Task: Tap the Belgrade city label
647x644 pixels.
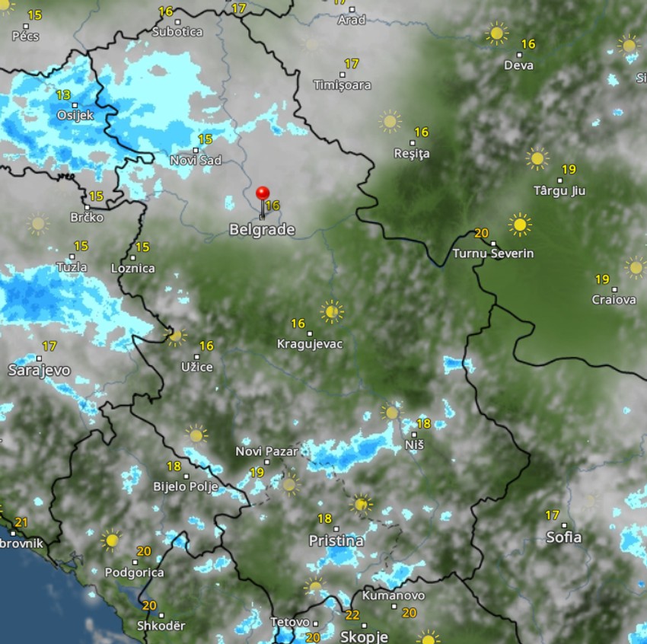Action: tap(261, 230)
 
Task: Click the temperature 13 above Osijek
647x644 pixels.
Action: tap(63, 95)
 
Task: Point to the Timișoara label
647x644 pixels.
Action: tap(343, 85)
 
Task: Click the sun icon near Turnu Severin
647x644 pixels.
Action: tap(520, 225)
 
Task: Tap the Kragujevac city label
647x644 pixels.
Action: tap(310, 344)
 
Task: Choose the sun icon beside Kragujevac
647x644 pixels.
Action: tap(331, 311)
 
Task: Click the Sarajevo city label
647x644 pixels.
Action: tap(39, 370)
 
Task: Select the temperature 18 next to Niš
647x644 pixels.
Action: tap(424, 423)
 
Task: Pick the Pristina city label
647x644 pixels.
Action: tap(336, 541)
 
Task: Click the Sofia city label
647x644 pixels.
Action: tap(563, 537)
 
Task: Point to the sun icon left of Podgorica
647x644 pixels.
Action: tap(112, 540)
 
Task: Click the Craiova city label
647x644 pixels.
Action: tap(614, 300)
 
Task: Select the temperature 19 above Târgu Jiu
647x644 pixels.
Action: tap(569, 169)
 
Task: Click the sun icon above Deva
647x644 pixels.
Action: tap(497, 33)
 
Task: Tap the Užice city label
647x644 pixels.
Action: tap(196, 367)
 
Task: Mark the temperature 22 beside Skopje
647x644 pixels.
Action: tap(352, 615)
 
